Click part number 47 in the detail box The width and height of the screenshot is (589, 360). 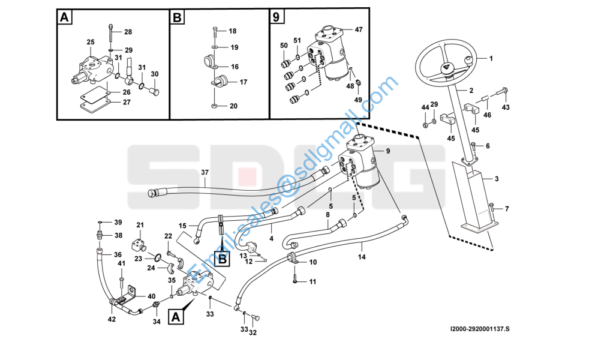359,29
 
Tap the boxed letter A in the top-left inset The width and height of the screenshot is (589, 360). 65,17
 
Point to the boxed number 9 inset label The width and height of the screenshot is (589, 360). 276,17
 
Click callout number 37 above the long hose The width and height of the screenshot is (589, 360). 205,173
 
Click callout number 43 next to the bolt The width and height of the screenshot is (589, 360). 506,107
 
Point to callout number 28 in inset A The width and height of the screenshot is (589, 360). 128,32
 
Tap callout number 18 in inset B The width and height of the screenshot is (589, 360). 233,31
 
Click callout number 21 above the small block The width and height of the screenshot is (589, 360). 140,225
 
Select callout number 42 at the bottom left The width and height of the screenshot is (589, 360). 112,319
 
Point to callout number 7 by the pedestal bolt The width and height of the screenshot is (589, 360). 507,209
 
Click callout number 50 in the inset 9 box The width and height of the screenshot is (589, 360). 284,46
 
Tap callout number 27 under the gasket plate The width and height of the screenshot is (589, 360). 127,102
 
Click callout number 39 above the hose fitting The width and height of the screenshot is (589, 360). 118,222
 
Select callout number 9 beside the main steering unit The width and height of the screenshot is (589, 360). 387,151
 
